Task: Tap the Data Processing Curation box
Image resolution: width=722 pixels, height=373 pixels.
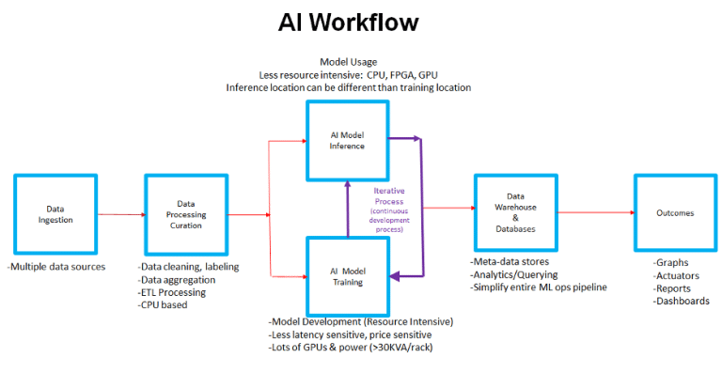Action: [x=186, y=213]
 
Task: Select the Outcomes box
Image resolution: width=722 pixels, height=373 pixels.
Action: [x=675, y=213]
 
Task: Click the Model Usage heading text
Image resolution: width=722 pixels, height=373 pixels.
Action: [x=349, y=62]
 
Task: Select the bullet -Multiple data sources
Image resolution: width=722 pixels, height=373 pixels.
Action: [x=56, y=267]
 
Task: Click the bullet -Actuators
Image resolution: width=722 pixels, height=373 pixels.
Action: [x=677, y=276]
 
